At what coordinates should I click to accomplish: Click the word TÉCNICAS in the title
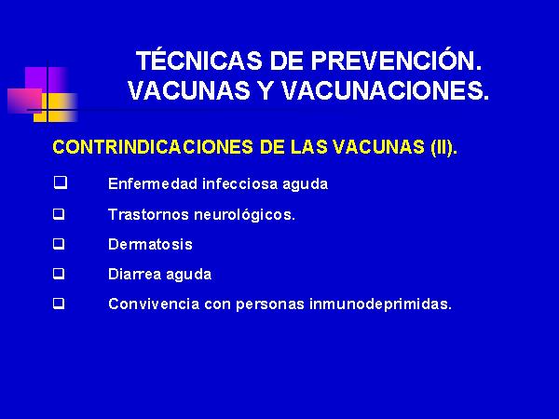click(x=199, y=60)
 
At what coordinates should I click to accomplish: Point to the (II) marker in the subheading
click(x=441, y=147)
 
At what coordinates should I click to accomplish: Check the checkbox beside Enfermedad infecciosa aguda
click(x=61, y=182)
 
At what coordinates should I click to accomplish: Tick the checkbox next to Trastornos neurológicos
click(x=60, y=214)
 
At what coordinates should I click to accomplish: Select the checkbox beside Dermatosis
click(x=60, y=244)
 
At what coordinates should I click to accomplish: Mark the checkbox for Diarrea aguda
click(x=60, y=274)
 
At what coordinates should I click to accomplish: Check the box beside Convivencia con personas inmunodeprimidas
click(x=60, y=304)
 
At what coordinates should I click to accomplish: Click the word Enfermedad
click(x=153, y=183)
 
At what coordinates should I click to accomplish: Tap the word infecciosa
click(x=240, y=183)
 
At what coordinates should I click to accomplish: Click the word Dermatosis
click(x=150, y=244)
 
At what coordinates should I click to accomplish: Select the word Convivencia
click(x=154, y=304)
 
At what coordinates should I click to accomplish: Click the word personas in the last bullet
click(x=270, y=305)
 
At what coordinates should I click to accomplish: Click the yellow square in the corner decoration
click(x=56, y=107)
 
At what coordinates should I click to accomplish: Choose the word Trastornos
click(x=148, y=214)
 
